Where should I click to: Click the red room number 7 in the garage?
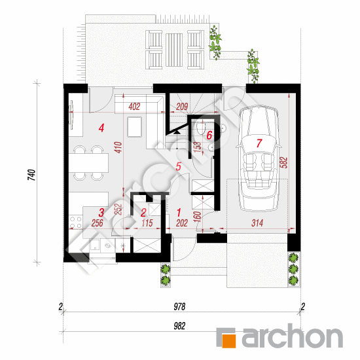(x=259, y=143)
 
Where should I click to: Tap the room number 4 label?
(x=101, y=128)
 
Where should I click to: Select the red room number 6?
(x=209, y=135)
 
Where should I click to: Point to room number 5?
(x=179, y=166)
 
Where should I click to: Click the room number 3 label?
(x=101, y=213)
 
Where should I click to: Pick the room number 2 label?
(x=143, y=213)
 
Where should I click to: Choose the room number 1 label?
(x=179, y=213)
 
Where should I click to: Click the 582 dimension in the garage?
(x=284, y=162)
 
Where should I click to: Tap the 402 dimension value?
(x=134, y=107)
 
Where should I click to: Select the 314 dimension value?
(x=257, y=223)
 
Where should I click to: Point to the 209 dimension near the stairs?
(x=182, y=107)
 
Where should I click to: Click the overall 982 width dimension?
(x=179, y=326)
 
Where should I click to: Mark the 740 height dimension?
(x=31, y=175)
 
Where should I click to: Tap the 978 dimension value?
(x=179, y=306)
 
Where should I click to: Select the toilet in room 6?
(x=201, y=128)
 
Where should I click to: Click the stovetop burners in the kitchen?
(x=76, y=223)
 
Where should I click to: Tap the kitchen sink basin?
(x=95, y=245)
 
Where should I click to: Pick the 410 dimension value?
(x=118, y=147)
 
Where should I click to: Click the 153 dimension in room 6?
(x=198, y=148)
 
